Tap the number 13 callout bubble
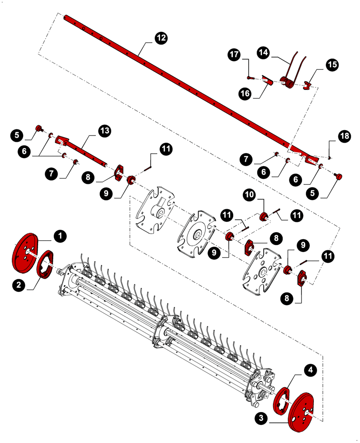coord(105,131)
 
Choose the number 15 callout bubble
coord(332,65)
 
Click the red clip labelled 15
coord(307,84)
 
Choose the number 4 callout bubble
coord(310,370)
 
